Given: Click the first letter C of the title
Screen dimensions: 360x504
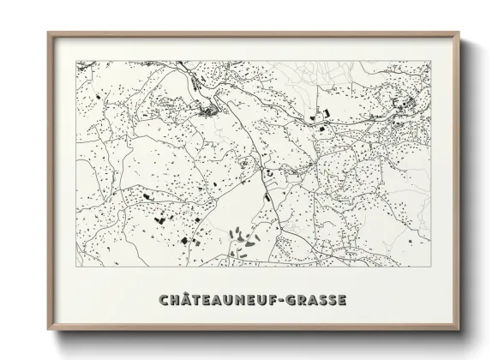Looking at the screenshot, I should [x=165, y=300].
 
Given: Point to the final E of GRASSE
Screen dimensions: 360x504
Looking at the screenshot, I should [x=343, y=300].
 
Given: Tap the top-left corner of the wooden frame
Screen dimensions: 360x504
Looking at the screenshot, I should [x=48, y=33].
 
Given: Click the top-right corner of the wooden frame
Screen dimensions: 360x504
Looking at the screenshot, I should [x=459, y=33].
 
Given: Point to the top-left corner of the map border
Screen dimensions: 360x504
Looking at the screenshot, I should [x=76, y=61].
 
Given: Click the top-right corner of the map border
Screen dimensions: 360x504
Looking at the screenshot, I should [x=431, y=61].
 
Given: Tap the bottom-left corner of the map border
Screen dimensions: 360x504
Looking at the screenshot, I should [x=76, y=267].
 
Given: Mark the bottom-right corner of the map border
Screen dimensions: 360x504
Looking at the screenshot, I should [x=431, y=267].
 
